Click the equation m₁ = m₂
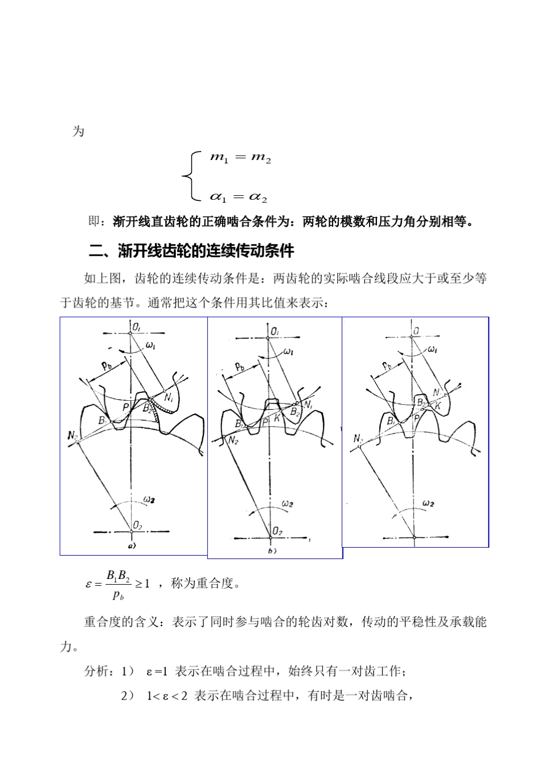point(240,158)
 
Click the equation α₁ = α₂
point(239,197)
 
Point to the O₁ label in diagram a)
point(138,326)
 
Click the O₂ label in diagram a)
point(138,524)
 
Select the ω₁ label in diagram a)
point(151,344)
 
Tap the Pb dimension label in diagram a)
point(106,367)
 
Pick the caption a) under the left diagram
point(132,545)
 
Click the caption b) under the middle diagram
point(272,551)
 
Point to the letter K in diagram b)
point(277,417)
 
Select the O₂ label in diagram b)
point(277,531)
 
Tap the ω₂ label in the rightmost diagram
point(429,503)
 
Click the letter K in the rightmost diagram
point(438,406)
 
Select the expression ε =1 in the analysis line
point(157,672)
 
